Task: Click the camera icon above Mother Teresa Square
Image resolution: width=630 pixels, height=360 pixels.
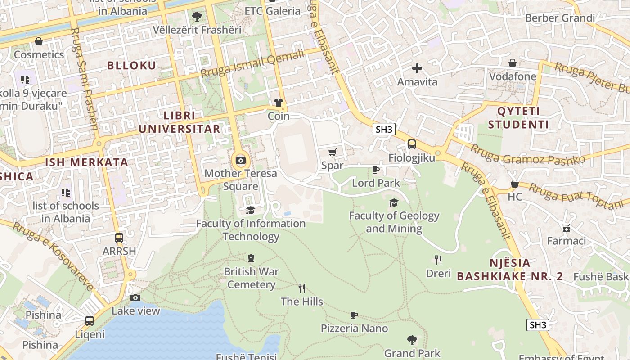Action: (x=241, y=161)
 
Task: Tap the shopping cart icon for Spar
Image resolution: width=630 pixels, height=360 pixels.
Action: (x=333, y=153)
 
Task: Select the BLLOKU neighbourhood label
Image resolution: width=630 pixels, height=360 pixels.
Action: (x=131, y=66)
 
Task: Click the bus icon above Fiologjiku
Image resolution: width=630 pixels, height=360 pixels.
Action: (x=411, y=144)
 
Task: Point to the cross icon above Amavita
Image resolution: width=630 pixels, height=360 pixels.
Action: (x=417, y=69)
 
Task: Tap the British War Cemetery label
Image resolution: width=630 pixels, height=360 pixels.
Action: (x=252, y=278)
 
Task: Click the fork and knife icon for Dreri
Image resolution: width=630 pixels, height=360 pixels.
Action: (x=438, y=260)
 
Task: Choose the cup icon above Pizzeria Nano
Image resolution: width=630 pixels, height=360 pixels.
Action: (x=354, y=315)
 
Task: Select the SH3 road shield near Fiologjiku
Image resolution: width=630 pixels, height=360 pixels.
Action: (x=384, y=130)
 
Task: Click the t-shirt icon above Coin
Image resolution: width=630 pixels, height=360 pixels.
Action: (x=279, y=103)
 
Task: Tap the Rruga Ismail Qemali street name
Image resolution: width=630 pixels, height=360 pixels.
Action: (x=252, y=64)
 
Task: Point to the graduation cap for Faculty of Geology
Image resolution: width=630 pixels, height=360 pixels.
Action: (x=394, y=202)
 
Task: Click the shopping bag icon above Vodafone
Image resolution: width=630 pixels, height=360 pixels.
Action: (x=513, y=63)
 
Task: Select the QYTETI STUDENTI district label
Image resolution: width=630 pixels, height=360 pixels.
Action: (x=518, y=118)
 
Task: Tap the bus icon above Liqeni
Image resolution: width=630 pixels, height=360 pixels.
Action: (x=90, y=321)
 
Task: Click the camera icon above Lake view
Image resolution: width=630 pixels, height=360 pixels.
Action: (x=135, y=297)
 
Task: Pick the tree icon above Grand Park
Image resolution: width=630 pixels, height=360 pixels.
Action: (x=412, y=340)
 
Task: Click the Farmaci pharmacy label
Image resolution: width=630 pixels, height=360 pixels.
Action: (x=566, y=241)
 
